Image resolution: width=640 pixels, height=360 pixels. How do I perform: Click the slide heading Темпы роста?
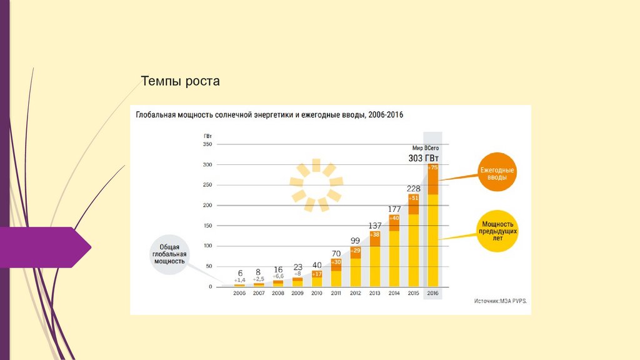(180, 81)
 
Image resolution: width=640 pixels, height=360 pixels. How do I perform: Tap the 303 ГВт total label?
(423, 158)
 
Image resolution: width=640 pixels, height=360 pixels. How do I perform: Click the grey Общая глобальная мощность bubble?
(169, 254)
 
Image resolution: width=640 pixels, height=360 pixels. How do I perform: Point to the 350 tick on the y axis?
(207, 144)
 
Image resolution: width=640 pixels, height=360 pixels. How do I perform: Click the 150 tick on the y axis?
(207, 226)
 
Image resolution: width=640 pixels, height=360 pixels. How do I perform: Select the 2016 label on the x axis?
(432, 293)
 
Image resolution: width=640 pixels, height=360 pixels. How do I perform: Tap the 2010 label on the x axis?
(317, 293)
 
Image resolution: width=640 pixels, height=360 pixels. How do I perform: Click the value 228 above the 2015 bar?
(413, 189)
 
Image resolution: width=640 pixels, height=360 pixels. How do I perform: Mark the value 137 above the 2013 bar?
(375, 226)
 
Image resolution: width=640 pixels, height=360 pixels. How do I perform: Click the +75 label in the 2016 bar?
(433, 168)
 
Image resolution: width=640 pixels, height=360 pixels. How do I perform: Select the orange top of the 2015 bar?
(413, 204)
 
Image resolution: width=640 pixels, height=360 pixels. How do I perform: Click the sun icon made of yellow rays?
(316, 184)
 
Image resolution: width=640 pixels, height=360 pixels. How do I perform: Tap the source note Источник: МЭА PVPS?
(500, 301)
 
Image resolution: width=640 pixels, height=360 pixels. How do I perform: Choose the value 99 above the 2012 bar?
(355, 241)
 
